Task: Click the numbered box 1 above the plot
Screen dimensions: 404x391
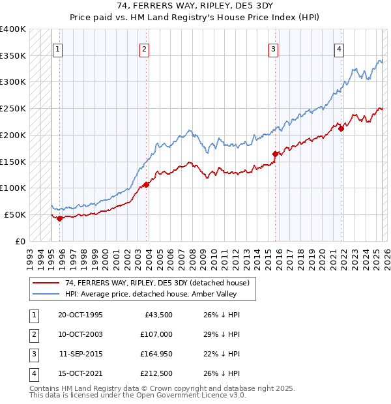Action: point(59,48)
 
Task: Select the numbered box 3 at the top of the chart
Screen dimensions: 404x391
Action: point(274,48)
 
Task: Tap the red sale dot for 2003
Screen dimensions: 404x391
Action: point(146,184)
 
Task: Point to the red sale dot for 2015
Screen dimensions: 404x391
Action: point(275,154)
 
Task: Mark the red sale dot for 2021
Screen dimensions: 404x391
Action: point(341,128)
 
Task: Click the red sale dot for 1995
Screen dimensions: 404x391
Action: point(59,218)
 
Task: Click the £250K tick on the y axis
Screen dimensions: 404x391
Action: point(13,109)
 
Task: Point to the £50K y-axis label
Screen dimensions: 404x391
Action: point(15,214)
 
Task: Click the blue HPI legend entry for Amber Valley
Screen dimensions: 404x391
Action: point(145,294)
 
